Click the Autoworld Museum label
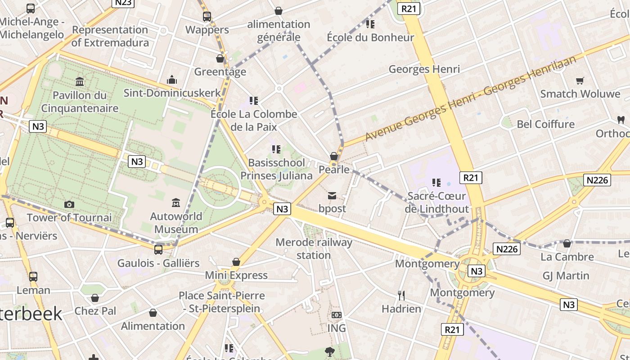pos(176,223)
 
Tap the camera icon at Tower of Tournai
pos(69,204)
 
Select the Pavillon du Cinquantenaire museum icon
pos(80,81)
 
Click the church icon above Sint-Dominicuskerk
pos(172,80)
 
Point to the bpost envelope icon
pos(332,195)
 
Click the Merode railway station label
pos(314,248)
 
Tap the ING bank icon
pos(337,315)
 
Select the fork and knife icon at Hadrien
pos(401,295)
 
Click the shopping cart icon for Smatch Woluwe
pos(580,81)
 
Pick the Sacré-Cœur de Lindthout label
pos(436,202)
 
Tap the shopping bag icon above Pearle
pos(334,156)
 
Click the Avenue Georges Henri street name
pos(470,98)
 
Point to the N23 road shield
pos(123,3)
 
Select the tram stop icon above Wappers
pos(207,17)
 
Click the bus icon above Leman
pos(33,277)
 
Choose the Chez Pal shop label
pos(95,311)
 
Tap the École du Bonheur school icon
pos(370,24)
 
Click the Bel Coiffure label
pos(545,124)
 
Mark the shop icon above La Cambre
pos(567,243)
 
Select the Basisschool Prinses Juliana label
pos(276,169)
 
